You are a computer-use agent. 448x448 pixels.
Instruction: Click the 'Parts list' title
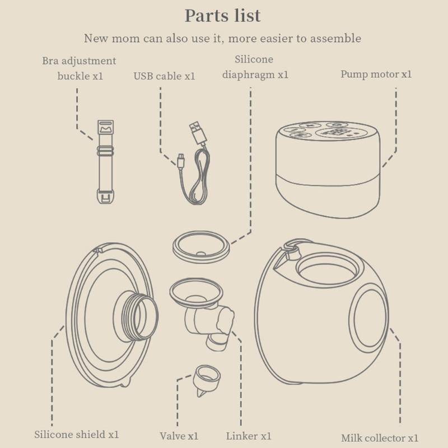click(x=222, y=16)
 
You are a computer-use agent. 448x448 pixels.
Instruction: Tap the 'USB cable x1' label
click(x=164, y=76)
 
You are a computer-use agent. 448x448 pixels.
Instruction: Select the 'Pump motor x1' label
click(x=376, y=74)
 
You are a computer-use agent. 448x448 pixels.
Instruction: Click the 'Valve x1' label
click(x=179, y=436)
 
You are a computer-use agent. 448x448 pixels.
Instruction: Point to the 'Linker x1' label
click(x=249, y=436)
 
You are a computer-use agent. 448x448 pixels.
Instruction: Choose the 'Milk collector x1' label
click(x=380, y=438)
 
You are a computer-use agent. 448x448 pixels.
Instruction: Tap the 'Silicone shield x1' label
click(x=77, y=435)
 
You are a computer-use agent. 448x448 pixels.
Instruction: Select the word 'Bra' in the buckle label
click(x=50, y=61)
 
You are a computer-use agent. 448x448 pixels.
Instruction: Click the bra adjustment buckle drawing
click(x=105, y=162)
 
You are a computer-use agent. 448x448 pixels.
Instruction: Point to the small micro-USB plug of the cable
click(x=181, y=161)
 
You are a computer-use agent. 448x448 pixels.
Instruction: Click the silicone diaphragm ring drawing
click(x=201, y=248)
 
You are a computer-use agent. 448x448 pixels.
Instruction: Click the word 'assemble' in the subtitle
click(x=335, y=38)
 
